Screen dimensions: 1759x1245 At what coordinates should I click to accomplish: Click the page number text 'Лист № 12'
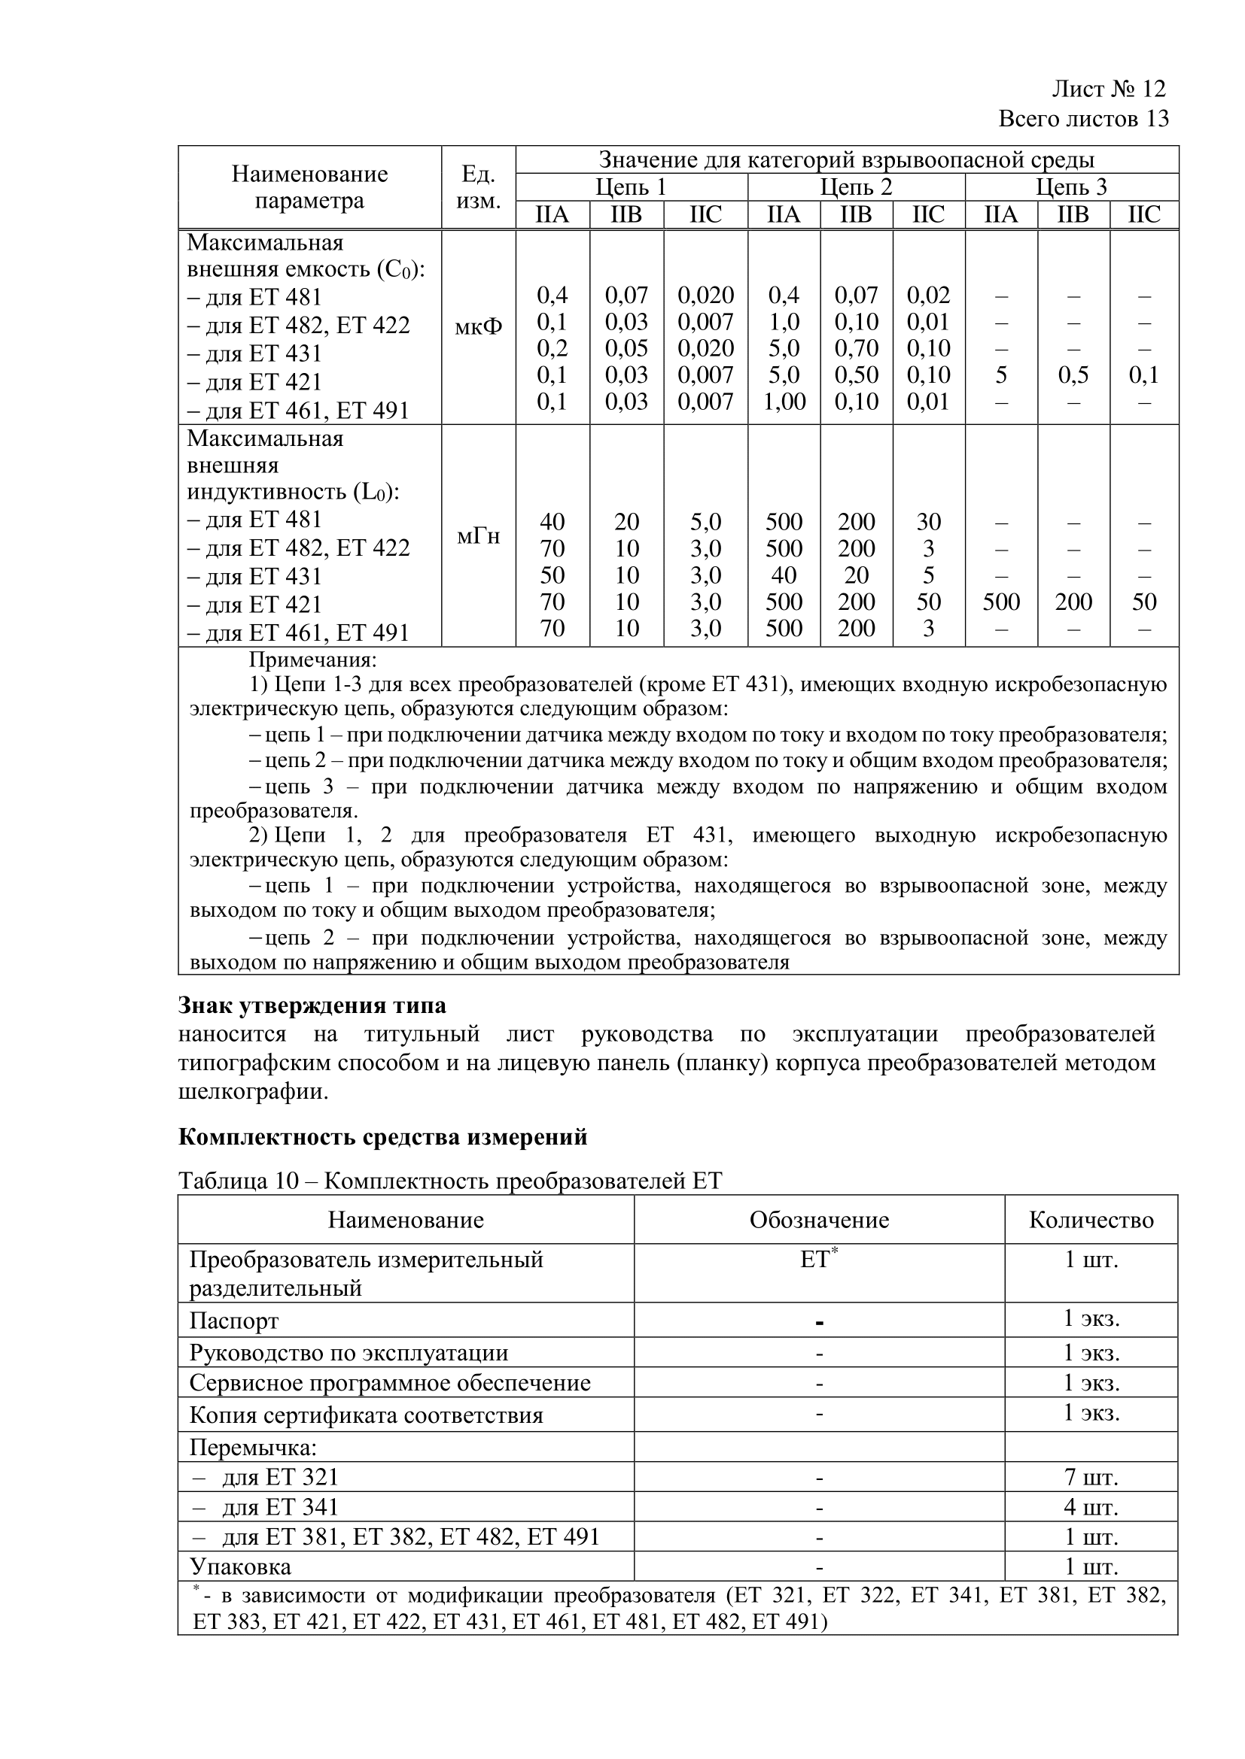[1108, 89]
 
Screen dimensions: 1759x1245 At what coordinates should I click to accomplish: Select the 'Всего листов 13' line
[1083, 120]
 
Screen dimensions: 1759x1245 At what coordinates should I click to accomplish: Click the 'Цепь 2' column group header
[856, 187]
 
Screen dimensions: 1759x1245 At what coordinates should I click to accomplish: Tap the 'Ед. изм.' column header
[479, 188]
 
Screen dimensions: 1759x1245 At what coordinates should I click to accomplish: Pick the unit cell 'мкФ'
[479, 327]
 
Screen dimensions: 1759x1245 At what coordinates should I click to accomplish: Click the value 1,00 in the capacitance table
[784, 402]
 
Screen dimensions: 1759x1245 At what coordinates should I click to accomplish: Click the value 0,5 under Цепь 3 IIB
[1073, 375]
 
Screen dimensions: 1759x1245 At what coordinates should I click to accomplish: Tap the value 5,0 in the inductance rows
[705, 522]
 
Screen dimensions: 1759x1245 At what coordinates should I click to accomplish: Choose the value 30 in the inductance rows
[928, 522]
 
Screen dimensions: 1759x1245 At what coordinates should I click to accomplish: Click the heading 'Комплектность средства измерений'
[382, 1137]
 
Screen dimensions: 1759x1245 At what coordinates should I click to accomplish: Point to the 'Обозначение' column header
[819, 1220]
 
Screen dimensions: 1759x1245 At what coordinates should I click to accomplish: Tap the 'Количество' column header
[1091, 1220]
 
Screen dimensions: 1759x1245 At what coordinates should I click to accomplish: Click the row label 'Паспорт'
[234, 1320]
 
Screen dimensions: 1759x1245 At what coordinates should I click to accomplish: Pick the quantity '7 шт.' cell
[1091, 1476]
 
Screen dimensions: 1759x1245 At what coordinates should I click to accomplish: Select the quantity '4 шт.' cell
[1091, 1507]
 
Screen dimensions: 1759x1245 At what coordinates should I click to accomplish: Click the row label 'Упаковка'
[240, 1566]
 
